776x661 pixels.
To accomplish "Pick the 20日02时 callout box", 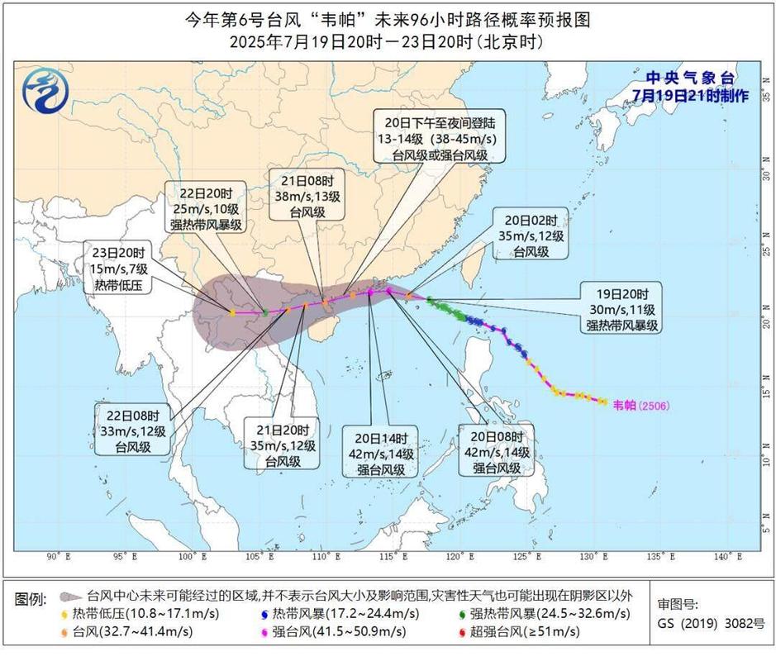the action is pyautogui.click(x=538, y=235).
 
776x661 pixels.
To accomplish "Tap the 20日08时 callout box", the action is pyautogui.click(x=497, y=452).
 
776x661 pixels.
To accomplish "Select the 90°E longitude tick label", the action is pyautogui.click(x=58, y=556).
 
